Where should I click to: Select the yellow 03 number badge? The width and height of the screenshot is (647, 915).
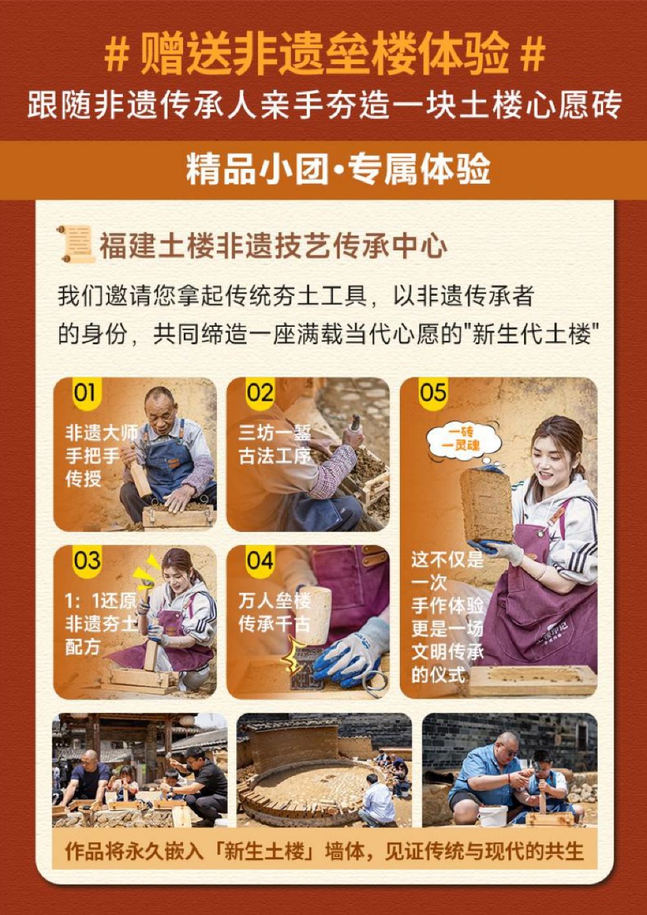[x=86, y=561]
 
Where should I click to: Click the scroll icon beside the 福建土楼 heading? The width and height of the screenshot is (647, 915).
[x=77, y=243]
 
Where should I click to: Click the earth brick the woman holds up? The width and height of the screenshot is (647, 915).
[x=486, y=505]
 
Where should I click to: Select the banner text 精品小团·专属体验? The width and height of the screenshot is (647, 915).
[x=338, y=169]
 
